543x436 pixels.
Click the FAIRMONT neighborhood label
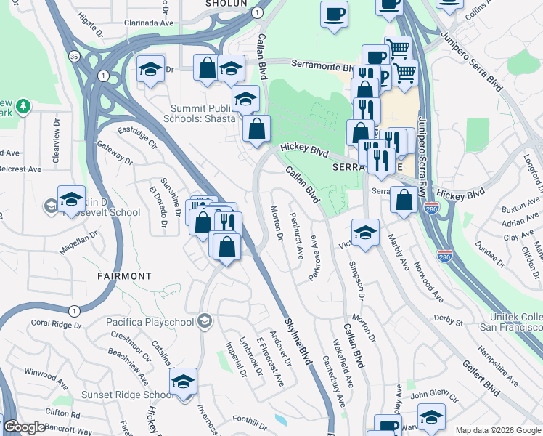124,276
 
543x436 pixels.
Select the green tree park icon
23,107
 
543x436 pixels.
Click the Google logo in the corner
23,427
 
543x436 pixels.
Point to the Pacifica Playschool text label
150,320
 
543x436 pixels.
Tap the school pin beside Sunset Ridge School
184,381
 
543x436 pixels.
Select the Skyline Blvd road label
298,344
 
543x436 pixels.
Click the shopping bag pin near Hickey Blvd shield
404,200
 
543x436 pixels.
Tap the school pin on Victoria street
366,233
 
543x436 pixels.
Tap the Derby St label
448,320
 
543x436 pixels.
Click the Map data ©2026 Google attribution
498,430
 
